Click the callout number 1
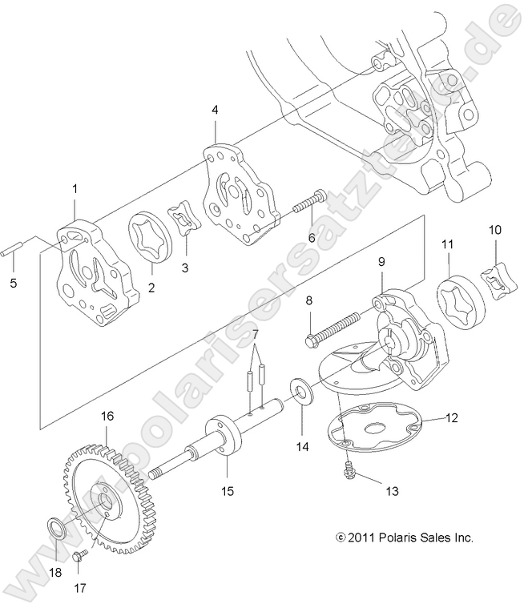[75, 189]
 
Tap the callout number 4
[215, 110]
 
